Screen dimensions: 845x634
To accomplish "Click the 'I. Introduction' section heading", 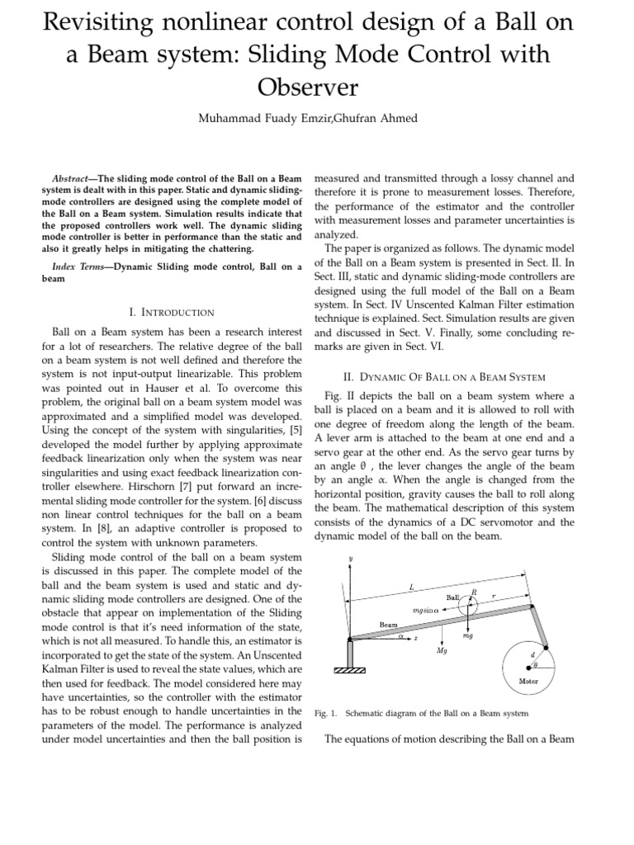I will coord(172,312).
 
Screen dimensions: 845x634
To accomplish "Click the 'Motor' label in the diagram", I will coord(528,681).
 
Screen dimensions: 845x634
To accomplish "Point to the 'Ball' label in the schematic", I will coord(452,597).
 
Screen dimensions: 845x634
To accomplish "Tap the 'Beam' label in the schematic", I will coord(388,625).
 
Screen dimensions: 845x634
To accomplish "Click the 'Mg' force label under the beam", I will coord(441,651).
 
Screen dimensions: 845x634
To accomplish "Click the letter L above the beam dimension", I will coord(411,586).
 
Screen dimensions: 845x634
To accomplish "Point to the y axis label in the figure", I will coord(351,559).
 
